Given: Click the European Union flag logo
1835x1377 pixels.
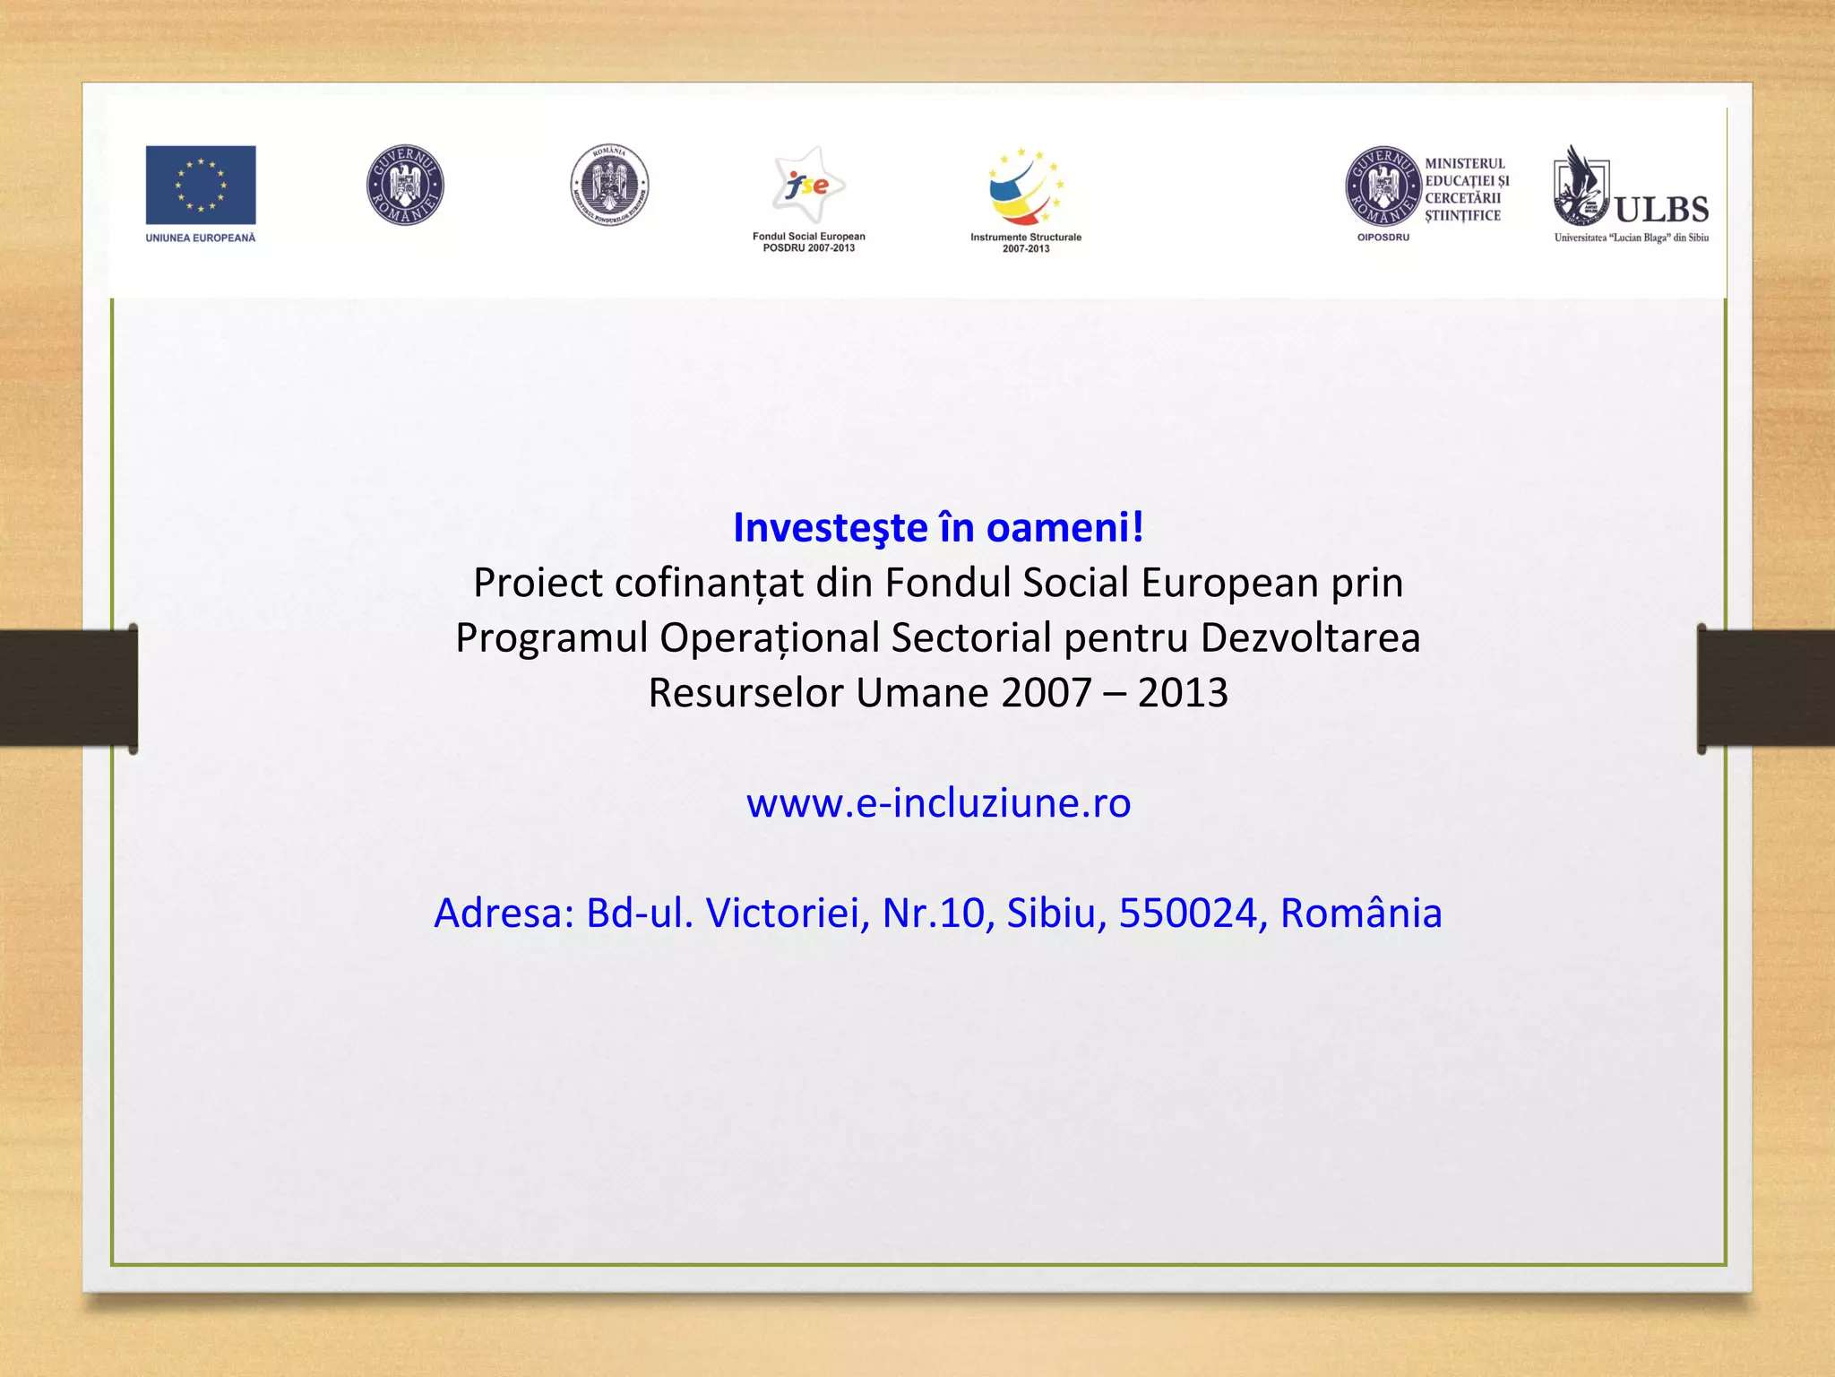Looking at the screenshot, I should click(x=201, y=185).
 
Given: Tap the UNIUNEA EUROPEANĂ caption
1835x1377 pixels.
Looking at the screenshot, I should click(x=201, y=238).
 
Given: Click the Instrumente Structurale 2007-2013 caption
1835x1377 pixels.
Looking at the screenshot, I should click(x=1026, y=243).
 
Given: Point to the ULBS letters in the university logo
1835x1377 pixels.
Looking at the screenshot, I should click(x=1661, y=210).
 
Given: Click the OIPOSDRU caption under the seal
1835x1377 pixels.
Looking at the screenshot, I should click(x=1383, y=238).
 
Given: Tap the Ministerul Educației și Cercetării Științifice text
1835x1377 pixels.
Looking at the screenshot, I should click(x=1467, y=189).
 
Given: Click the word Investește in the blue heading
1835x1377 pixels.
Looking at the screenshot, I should click(x=830, y=527).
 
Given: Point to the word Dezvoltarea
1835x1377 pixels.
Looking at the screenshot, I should click(x=1310, y=638).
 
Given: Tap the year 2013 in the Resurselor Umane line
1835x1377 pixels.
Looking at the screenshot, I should click(x=1183, y=693).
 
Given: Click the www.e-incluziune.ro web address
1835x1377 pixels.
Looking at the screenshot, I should click(x=938, y=802).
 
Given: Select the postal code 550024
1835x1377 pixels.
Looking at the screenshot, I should click(x=1188, y=913).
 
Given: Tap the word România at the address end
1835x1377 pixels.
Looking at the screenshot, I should click(x=1360, y=913).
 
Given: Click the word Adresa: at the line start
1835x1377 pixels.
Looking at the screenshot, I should click(x=504, y=913).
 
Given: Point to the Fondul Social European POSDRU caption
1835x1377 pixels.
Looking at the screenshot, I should click(x=808, y=242).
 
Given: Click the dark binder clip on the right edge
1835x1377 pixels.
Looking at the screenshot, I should click(x=1765, y=688).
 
